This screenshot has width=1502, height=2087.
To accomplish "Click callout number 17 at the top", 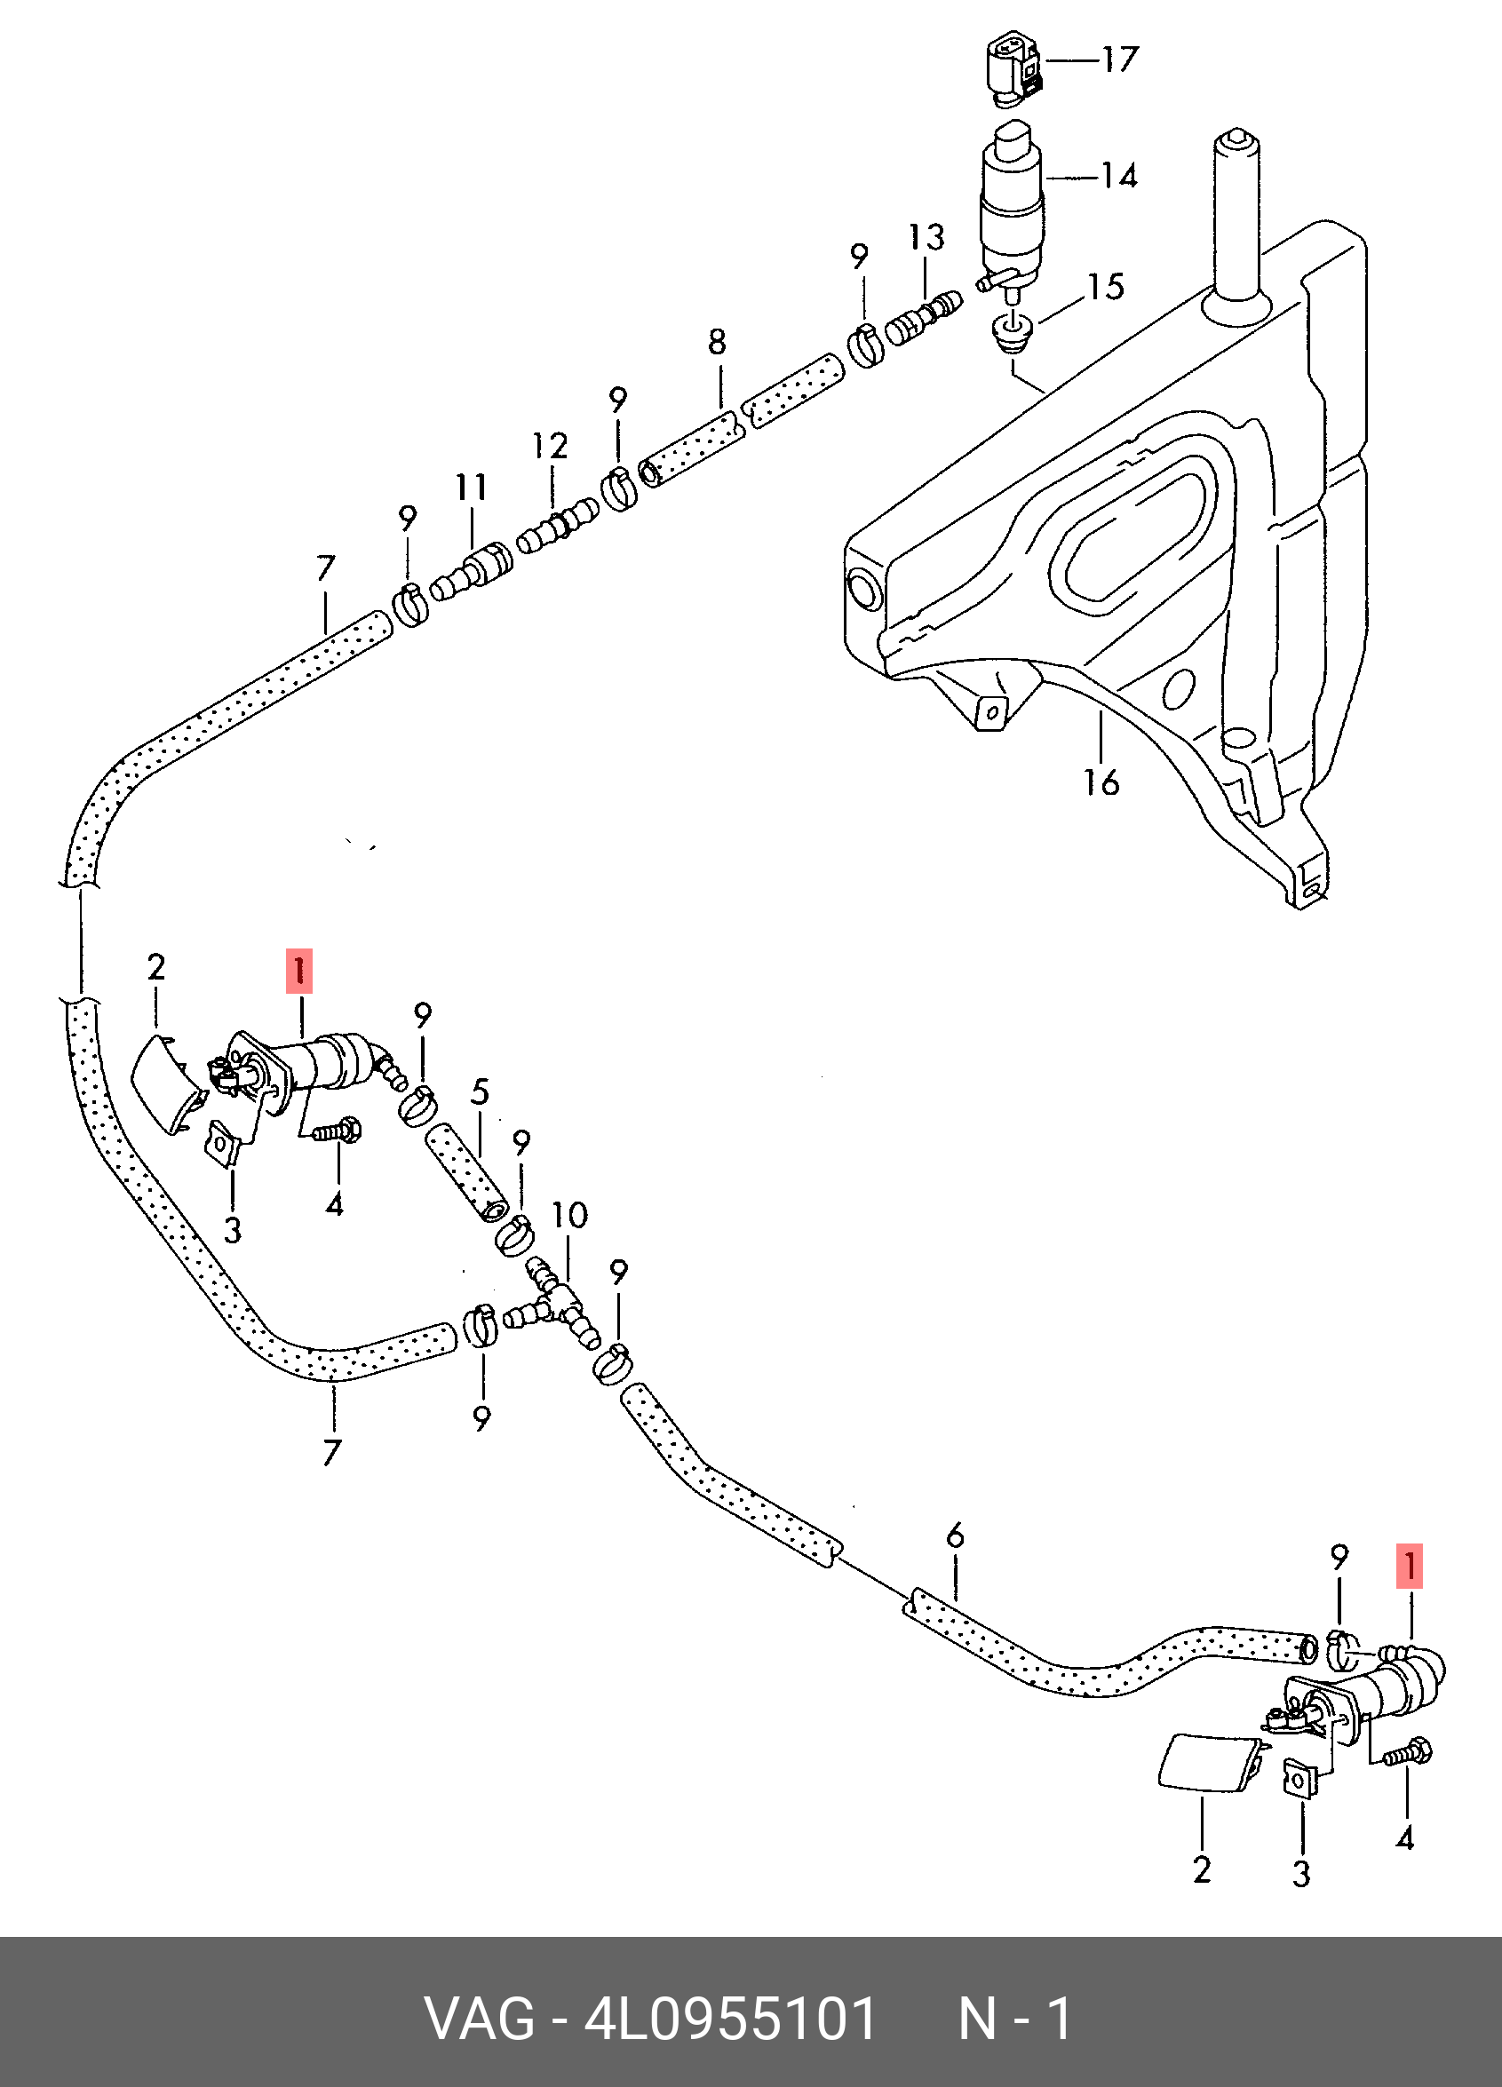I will point(1120,60).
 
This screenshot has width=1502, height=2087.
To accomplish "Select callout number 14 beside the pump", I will point(1119,176).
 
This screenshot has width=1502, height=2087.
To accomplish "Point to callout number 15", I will point(1105,287).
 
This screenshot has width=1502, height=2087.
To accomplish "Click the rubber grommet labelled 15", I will point(1013,333).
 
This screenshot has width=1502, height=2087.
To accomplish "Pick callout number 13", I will point(926,237).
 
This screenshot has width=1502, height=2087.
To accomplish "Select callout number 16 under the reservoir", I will point(1101,783).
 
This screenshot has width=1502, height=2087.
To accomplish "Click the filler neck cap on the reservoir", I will point(1234,144).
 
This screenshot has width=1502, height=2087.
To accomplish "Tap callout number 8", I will point(717,342).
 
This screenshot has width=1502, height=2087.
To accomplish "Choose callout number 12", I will point(551,447).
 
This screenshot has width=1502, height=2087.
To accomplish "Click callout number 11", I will point(472,487).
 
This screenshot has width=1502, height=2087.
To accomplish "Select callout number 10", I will point(569,1216).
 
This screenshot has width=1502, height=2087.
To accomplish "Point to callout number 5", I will point(480,1092).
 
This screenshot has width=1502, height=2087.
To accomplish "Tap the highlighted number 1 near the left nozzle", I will point(300,972).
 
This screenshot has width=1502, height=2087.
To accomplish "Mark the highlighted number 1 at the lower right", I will point(1409,1567).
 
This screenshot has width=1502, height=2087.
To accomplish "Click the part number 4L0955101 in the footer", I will point(731,2020).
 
